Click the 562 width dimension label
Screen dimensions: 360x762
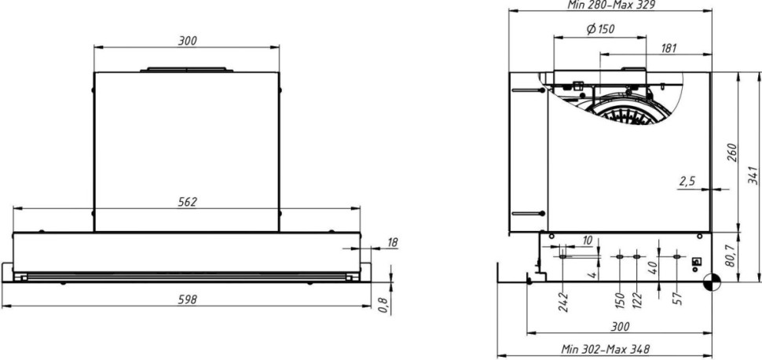pos(186,202)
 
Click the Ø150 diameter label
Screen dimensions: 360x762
pos(600,30)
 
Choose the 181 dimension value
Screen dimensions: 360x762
pos(669,49)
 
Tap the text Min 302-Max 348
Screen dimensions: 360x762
pos(605,348)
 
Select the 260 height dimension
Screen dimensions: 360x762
pos(731,152)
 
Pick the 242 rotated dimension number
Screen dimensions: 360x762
pos(563,300)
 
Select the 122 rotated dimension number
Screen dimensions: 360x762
pos(637,299)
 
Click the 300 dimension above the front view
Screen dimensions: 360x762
pos(187,41)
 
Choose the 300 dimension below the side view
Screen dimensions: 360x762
pos(620,326)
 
